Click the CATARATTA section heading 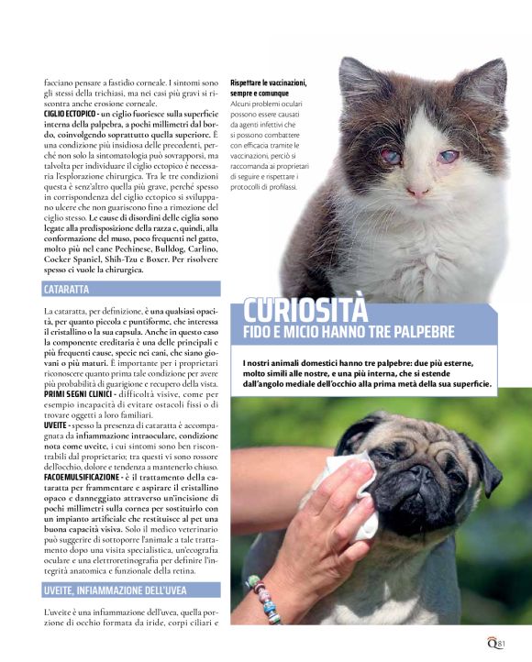click(x=66, y=290)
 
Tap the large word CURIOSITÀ click(x=305, y=310)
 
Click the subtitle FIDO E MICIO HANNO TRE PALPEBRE click(x=349, y=332)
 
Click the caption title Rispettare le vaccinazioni click(x=269, y=83)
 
